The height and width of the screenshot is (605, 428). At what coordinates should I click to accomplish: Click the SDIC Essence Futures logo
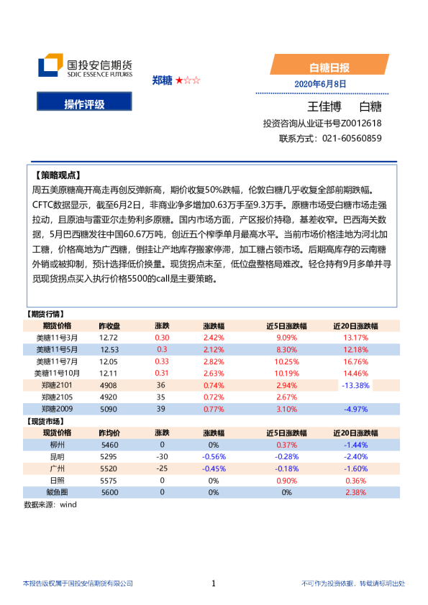85,66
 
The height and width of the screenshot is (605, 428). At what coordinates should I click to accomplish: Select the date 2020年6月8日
320,84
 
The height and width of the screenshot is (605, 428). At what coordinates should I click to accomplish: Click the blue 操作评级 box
84,104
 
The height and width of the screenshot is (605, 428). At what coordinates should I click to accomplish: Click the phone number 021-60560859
352,138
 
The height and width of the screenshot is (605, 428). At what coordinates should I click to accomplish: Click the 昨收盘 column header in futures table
109,325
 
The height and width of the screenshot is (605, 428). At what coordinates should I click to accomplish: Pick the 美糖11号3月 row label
57,337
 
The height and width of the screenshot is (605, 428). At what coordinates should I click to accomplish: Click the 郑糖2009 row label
57,409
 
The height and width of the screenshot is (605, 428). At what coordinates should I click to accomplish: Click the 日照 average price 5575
109,480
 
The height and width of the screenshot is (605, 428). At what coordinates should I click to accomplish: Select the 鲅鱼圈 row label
57,492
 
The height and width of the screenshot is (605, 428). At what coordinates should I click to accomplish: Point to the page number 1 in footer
214,583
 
